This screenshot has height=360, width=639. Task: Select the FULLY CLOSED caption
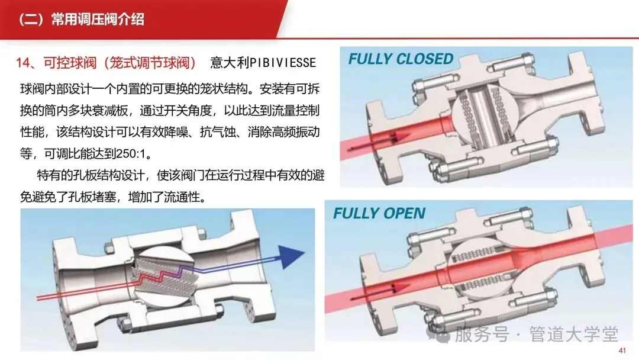400,59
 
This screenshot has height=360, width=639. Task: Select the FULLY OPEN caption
379,213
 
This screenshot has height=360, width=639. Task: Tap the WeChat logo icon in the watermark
443,336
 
